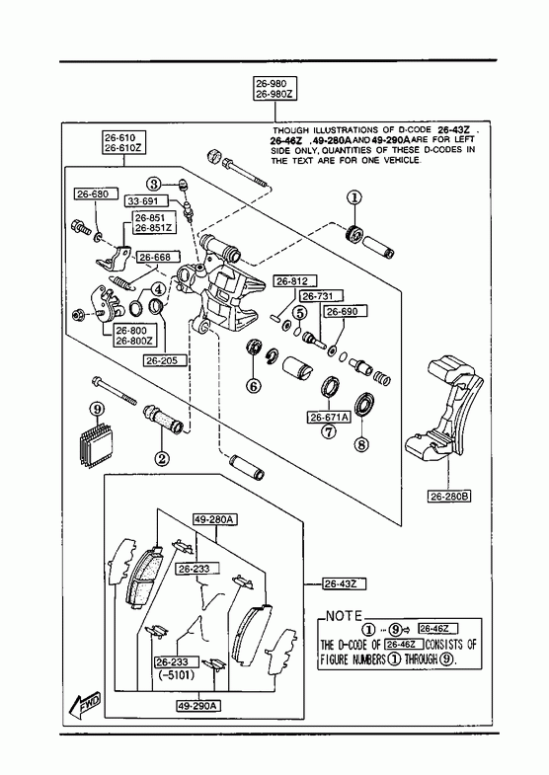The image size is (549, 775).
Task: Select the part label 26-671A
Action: click(329, 418)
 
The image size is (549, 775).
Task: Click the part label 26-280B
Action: click(448, 496)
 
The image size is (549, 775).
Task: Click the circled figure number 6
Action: click(254, 385)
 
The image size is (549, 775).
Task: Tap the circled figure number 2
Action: click(161, 459)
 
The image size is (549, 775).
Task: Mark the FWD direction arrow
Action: click(85, 705)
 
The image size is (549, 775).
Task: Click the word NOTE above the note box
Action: click(344, 616)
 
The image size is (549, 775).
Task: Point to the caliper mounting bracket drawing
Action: click(443, 406)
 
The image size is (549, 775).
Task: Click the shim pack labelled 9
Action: click(96, 443)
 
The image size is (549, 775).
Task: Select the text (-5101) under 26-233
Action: click(177, 674)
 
